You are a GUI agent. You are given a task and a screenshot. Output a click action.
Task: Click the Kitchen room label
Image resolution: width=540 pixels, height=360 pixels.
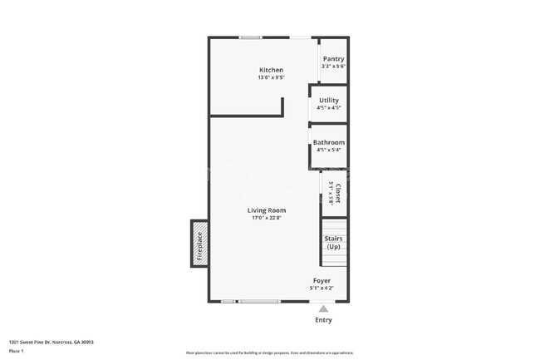point(271,70)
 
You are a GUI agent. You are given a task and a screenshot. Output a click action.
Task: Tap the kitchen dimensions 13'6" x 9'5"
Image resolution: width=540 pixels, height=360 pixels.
point(271,78)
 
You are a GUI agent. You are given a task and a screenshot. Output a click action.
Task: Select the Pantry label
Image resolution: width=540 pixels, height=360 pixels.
point(333,59)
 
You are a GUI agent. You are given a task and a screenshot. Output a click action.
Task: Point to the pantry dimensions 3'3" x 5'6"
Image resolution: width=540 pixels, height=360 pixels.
point(333,67)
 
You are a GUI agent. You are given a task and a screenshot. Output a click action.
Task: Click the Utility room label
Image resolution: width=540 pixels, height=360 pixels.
point(329,100)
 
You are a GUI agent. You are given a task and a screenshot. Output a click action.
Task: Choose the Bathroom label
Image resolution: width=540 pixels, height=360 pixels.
point(329,142)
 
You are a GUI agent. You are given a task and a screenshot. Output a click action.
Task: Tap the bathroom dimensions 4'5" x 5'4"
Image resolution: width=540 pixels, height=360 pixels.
point(329,150)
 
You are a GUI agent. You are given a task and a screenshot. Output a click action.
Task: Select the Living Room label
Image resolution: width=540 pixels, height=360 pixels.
point(266,210)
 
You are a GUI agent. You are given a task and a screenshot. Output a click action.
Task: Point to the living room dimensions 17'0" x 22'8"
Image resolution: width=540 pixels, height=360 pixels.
point(266,219)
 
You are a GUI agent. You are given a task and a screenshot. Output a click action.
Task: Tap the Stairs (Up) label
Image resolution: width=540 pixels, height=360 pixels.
point(333,243)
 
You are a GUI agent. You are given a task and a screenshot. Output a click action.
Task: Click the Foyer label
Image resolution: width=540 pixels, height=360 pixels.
point(322,280)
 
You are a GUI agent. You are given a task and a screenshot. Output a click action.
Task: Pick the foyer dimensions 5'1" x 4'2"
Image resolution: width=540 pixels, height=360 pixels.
point(322,288)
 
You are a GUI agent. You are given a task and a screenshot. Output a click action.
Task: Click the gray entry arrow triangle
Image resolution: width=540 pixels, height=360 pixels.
point(323,308)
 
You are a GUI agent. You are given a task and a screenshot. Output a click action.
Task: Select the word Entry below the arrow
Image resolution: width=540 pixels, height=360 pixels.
point(323,320)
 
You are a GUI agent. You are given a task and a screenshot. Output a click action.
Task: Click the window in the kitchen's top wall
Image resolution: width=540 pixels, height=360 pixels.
point(251,37)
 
